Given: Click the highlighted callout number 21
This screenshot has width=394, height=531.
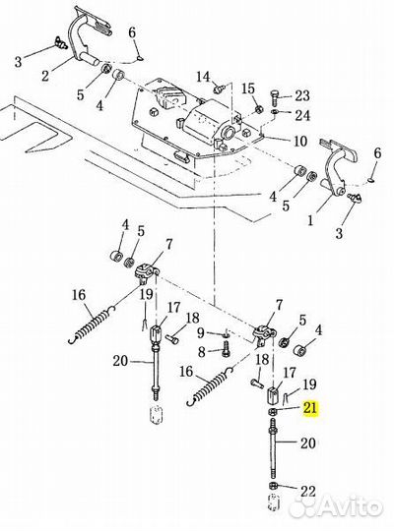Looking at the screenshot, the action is [310, 408].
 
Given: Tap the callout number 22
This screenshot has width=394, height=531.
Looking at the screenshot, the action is [307, 491].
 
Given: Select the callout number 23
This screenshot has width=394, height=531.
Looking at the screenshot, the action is [302, 95].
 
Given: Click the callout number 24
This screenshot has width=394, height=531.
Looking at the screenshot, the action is [302, 115].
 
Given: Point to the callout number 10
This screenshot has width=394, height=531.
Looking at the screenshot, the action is [300, 142].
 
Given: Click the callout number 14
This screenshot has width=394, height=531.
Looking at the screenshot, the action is [204, 77].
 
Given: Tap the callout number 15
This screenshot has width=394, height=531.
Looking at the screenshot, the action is [248, 89].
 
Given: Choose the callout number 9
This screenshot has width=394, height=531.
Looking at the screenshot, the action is [201, 333].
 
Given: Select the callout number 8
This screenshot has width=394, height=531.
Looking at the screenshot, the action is [202, 352].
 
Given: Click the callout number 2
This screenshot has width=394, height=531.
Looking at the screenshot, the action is [45, 76].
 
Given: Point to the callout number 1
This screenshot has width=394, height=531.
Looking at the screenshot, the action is [310, 221].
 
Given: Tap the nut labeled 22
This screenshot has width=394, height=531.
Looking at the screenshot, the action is [273, 486].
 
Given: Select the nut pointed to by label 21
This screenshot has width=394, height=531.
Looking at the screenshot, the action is [273, 411].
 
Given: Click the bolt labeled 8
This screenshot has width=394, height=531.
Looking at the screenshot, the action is [226, 349].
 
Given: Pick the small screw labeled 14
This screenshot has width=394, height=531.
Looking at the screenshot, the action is [219, 89].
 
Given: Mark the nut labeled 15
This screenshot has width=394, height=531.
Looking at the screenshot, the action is [259, 109].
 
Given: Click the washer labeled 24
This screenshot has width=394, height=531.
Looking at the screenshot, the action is [274, 111].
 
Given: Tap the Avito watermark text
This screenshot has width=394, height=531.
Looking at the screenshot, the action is [349, 507].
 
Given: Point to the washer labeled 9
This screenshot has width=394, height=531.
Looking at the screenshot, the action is [226, 335].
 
